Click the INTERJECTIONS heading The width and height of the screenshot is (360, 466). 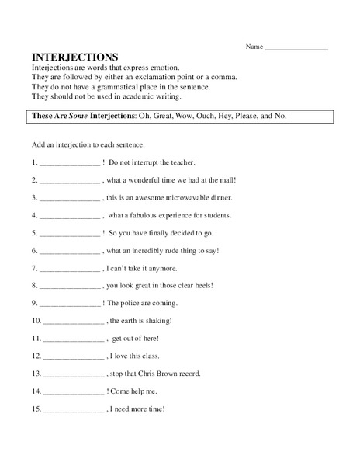(74, 57)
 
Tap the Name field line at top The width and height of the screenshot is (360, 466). (296, 49)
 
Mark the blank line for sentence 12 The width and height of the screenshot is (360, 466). (74, 358)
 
